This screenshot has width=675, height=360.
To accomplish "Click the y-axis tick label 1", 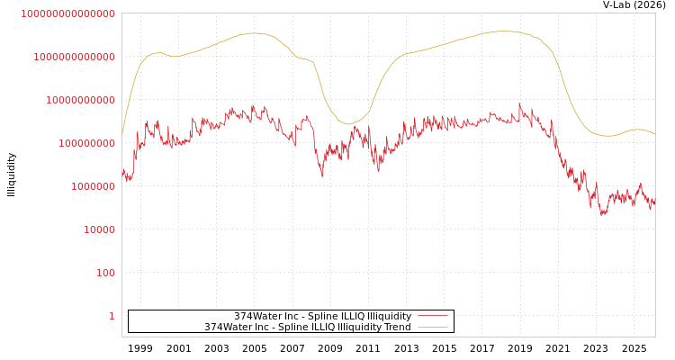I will click(x=112, y=316).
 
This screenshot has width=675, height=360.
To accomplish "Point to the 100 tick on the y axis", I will click(x=105, y=273).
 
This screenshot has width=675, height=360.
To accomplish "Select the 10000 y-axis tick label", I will click(x=99, y=229).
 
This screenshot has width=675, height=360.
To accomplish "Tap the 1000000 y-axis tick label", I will click(x=93, y=186).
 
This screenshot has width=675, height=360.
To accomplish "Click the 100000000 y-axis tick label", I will click(x=86, y=143).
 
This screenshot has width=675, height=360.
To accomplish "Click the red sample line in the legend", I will click(x=432, y=316).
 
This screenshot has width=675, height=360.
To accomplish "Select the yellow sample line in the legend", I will click(x=432, y=327).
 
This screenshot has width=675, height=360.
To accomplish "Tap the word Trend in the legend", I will click(x=396, y=327).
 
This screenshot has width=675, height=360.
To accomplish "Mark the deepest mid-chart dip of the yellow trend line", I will click(x=350, y=123).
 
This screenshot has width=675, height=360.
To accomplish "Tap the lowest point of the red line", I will click(x=602, y=216).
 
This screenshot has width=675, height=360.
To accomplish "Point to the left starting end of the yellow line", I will click(x=122, y=135).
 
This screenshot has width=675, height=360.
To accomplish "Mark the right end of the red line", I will click(x=654, y=203).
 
